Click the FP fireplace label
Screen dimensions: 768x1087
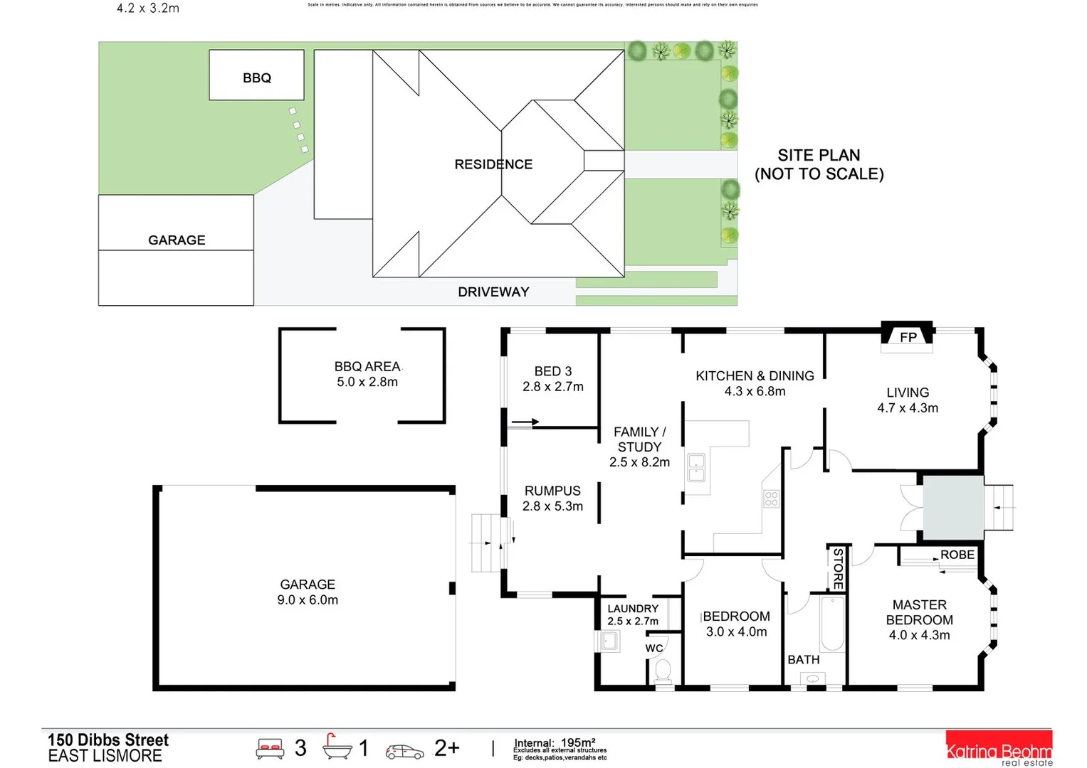(908, 337)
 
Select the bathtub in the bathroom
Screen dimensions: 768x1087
(831, 624)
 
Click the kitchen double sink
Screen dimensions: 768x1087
(695, 467)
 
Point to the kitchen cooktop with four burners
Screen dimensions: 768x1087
(771, 498)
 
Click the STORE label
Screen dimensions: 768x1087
(838, 567)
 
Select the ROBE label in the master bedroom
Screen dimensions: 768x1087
(957, 555)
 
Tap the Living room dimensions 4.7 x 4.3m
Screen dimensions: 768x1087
(907, 408)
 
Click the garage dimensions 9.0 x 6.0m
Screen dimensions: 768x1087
(308, 600)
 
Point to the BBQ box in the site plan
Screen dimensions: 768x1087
(256, 75)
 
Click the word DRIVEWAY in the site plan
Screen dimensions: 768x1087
(493, 292)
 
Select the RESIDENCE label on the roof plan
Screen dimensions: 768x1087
(493, 164)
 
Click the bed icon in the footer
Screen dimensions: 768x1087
(270, 749)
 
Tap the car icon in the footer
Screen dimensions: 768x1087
(404, 751)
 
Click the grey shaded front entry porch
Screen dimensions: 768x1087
(953, 507)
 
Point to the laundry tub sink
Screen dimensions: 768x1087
(609, 641)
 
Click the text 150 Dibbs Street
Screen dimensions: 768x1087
(108, 740)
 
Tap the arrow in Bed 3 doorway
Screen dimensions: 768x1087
(525, 422)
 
